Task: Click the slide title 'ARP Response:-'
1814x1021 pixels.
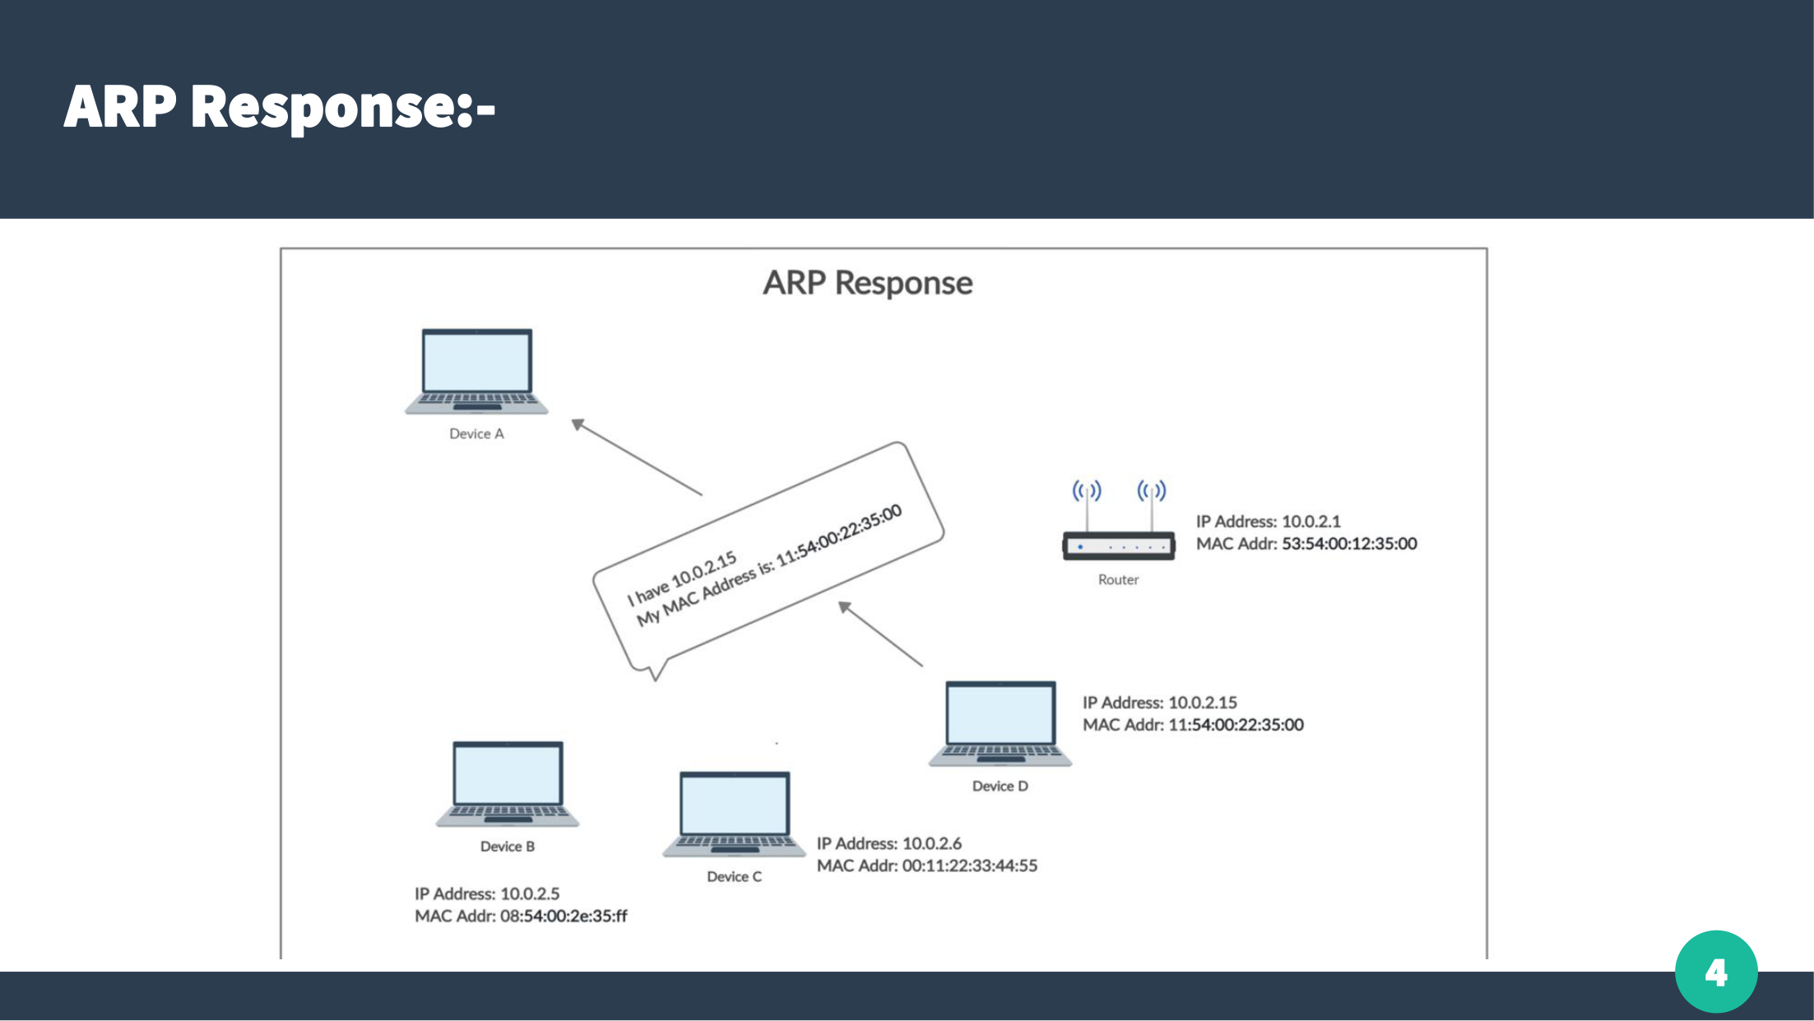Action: (280, 107)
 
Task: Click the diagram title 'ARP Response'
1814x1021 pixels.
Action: (867, 283)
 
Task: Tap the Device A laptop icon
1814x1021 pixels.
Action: (476, 370)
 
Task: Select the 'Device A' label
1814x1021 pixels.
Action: (476, 434)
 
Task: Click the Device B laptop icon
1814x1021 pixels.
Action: (508, 783)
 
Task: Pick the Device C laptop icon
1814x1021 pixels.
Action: (734, 814)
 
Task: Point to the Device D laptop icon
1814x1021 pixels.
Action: (1000, 723)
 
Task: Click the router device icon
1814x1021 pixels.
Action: (1119, 546)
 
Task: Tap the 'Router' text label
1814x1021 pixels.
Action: (1118, 580)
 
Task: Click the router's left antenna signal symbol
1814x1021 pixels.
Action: (1087, 491)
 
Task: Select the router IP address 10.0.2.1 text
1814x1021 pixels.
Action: (1268, 522)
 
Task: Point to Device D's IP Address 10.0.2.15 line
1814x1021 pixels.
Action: (1159, 703)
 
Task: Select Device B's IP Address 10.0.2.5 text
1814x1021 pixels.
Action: (487, 893)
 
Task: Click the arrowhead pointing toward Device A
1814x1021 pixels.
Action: (578, 425)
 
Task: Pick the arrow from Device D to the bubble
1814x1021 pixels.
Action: (880, 634)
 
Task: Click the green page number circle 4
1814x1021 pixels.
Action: (1716, 972)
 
